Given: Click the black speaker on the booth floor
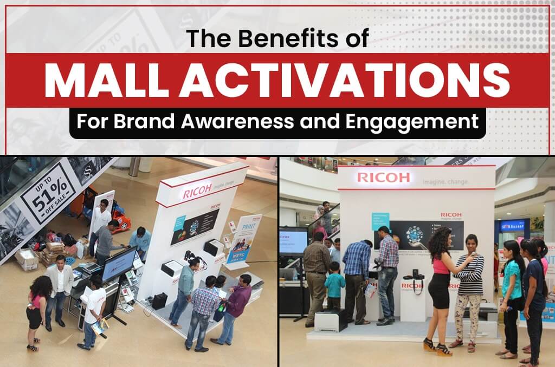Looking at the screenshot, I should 159,301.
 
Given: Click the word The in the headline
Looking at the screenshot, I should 205,39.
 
